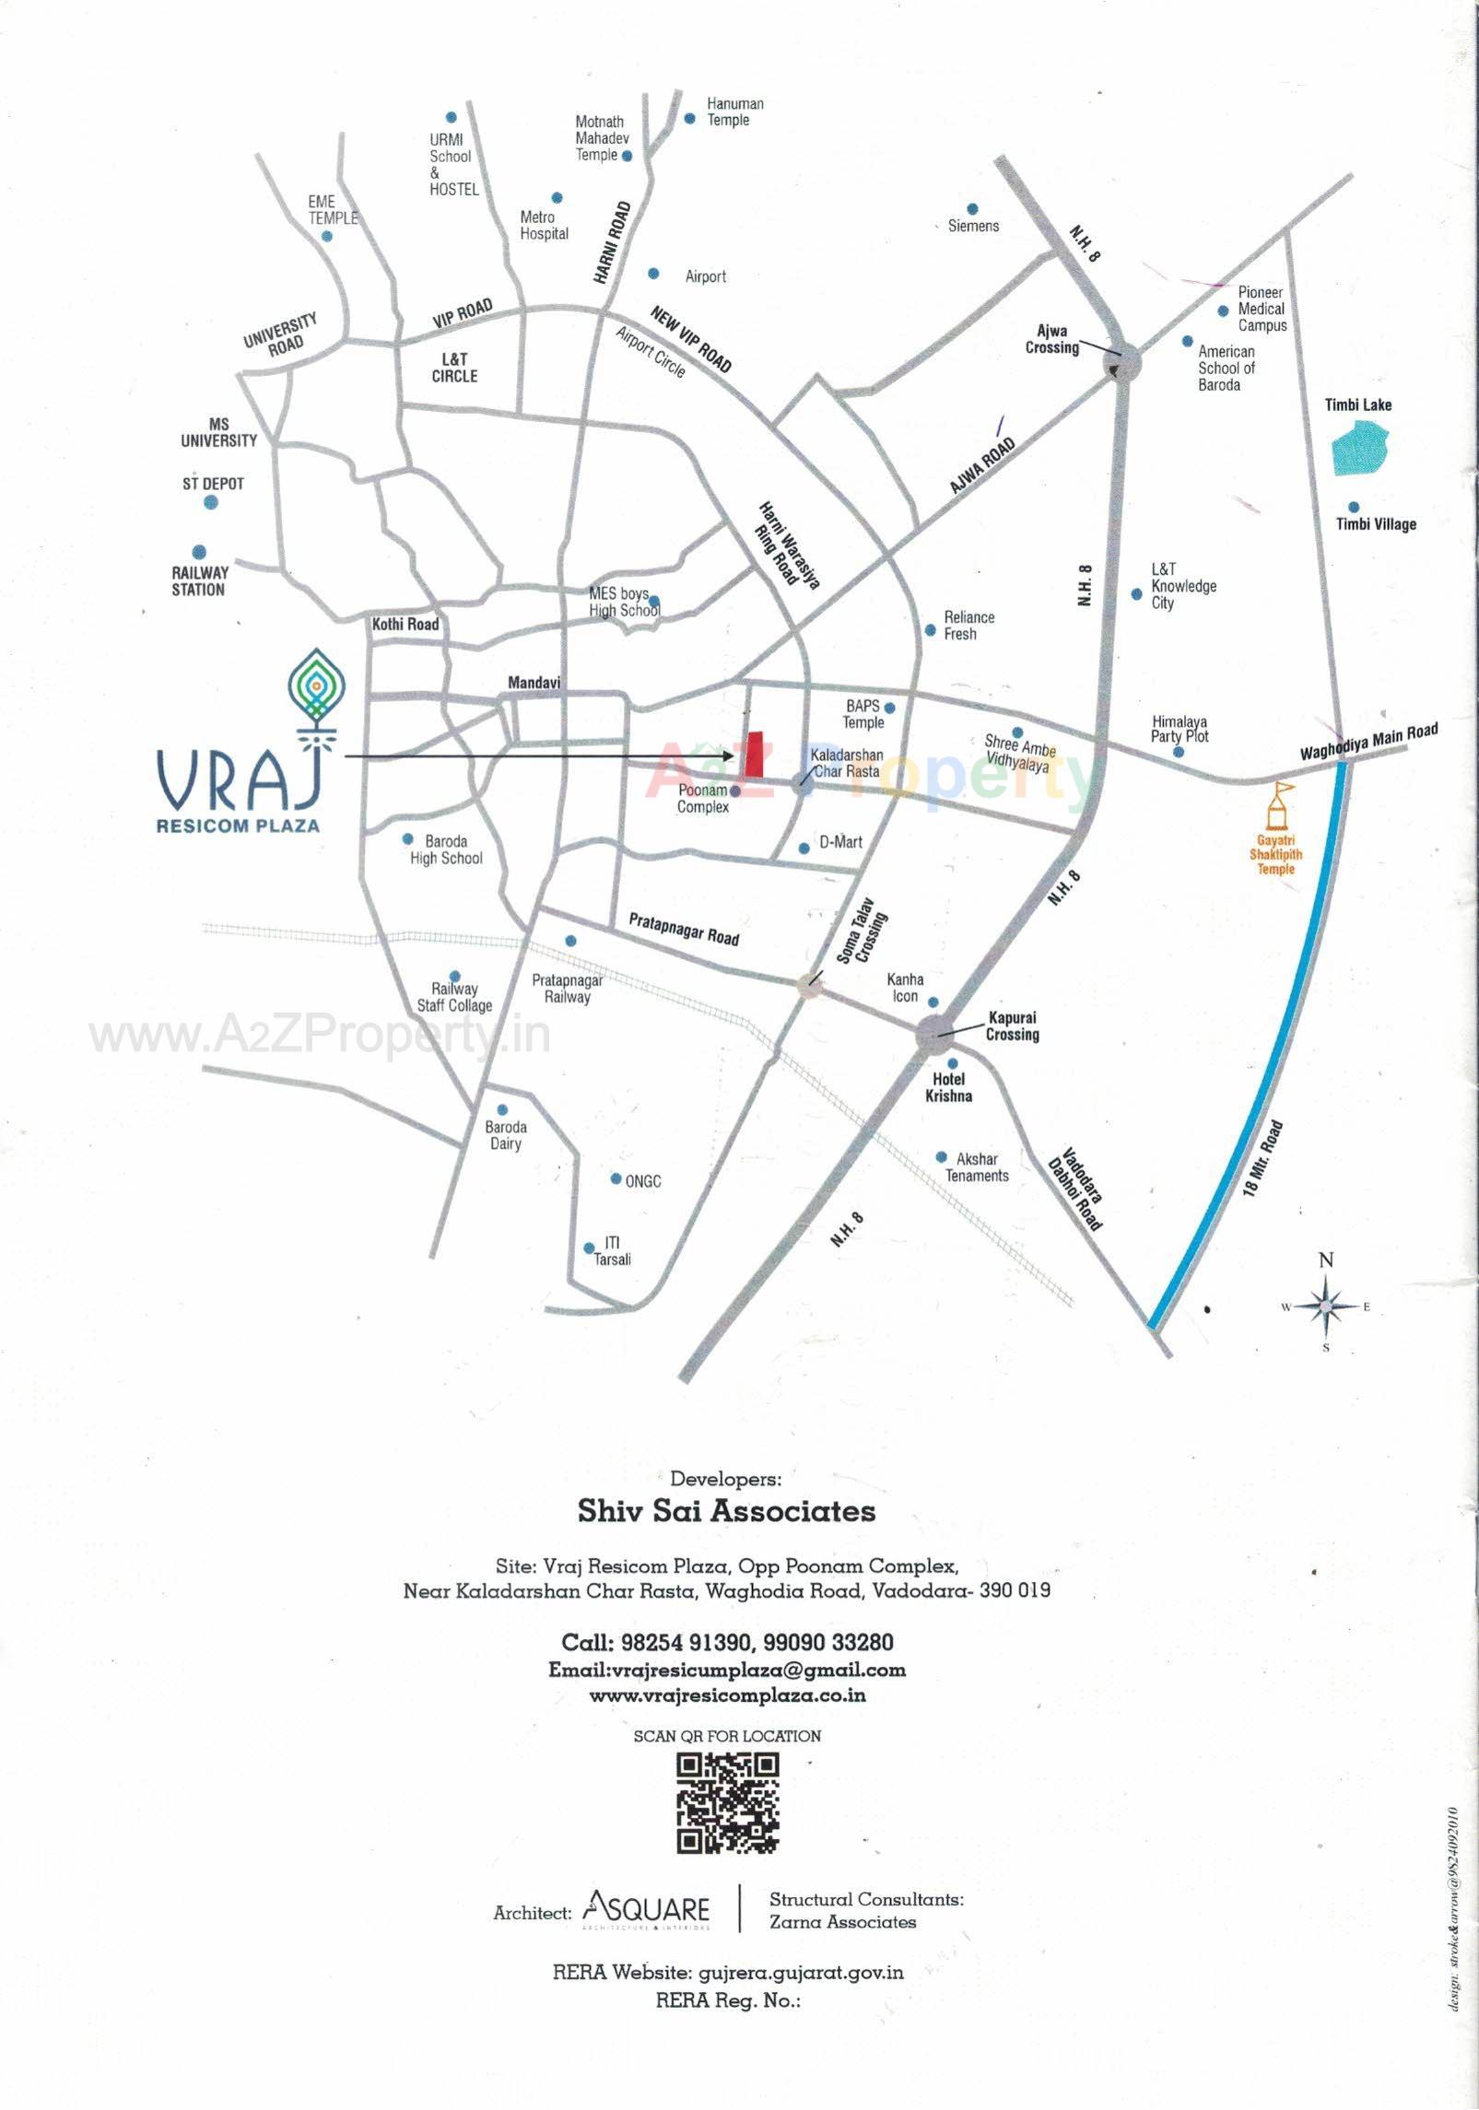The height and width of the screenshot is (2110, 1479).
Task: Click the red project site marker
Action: pyautogui.click(x=757, y=754)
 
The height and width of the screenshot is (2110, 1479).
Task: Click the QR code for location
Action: pyautogui.click(x=728, y=1803)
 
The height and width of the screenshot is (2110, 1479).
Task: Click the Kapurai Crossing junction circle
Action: pyautogui.click(x=938, y=1035)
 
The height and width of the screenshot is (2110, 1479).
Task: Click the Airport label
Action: pyautogui.click(x=705, y=276)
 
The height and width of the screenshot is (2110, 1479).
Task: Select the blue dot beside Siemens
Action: pyautogui.click(x=972, y=209)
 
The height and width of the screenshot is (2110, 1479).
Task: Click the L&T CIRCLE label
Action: pyautogui.click(x=454, y=368)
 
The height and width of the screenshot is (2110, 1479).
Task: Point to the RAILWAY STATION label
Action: pyautogui.click(x=199, y=581)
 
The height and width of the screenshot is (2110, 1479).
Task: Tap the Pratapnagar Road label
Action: pyautogui.click(x=684, y=930)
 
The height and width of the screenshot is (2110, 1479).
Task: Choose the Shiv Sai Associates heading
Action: pyautogui.click(x=726, y=1511)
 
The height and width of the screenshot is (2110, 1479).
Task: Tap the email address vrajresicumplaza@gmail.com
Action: pyautogui.click(x=727, y=1669)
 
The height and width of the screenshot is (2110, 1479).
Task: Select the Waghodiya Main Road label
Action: pyautogui.click(x=1368, y=743)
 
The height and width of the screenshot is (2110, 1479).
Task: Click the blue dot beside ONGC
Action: pyautogui.click(x=616, y=1178)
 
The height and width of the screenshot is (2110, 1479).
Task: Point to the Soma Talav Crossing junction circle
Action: pyautogui.click(x=811, y=984)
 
